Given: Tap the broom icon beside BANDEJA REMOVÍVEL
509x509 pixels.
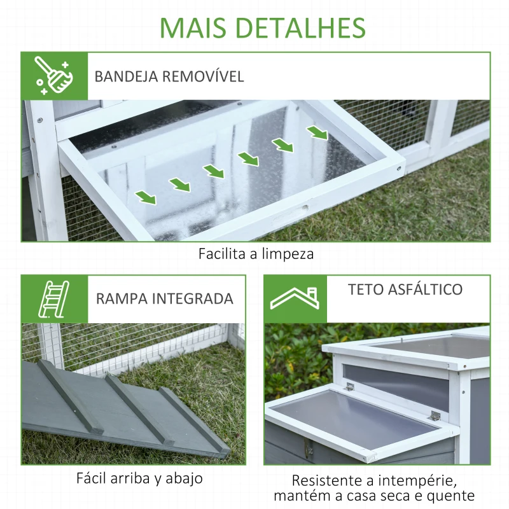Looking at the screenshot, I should (x=53, y=76).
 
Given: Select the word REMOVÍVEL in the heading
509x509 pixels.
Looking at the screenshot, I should (x=204, y=76).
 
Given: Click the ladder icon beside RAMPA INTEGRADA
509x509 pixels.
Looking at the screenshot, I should (x=54, y=298).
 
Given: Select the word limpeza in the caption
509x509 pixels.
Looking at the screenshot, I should (x=291, y=254).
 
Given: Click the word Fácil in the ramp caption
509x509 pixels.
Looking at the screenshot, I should (x=94, y=478).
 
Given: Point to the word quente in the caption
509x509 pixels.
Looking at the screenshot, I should (x=454, y=496).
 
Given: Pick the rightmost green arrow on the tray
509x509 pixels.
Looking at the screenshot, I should (x=317, y=133).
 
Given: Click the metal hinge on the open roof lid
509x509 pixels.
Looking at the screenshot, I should (x=435, y=416).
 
